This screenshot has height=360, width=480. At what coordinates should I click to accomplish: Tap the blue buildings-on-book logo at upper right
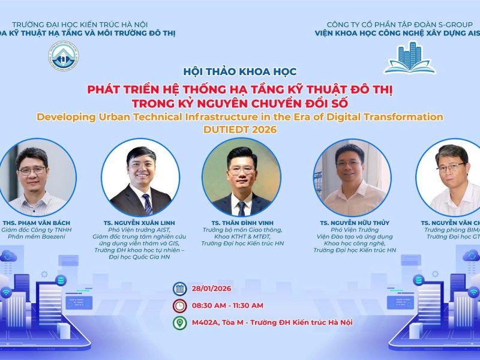tap(409, 58)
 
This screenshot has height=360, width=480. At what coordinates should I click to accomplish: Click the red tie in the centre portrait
tap(242, 207)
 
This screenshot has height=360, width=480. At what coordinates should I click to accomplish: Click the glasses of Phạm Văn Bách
tap(32, 170)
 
